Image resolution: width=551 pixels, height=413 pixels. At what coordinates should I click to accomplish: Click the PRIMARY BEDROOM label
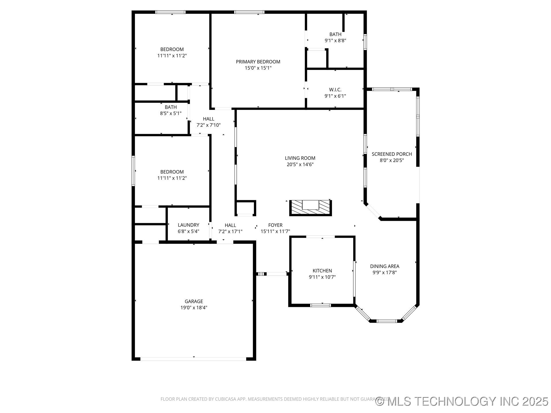coord(258,62)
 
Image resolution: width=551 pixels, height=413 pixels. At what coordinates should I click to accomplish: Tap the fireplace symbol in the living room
coord(311,208)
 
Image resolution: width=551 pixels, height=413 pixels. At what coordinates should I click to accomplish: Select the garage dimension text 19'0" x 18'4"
coord(194,308)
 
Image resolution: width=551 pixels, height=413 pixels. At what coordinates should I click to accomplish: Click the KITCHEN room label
coord(322,271)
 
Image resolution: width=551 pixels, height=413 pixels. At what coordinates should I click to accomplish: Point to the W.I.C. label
coord(335,90)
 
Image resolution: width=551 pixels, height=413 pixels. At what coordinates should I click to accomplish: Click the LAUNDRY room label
coord(188,225)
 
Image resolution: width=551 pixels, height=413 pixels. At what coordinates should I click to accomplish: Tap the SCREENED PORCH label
coord(392,154)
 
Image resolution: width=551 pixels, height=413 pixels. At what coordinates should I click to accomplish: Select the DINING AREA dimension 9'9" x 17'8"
coord(385,272)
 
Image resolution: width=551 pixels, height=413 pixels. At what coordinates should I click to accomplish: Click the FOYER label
coord(275,225)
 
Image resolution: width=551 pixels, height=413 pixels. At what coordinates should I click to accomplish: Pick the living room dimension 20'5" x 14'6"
coord(300,164)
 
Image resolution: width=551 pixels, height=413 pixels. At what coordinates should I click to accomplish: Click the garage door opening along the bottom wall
coord(193,359)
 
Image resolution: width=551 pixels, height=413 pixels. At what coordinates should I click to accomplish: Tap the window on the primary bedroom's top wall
coord(249,12)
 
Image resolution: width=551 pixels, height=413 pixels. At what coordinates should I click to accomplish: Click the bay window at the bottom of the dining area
coord(387,321)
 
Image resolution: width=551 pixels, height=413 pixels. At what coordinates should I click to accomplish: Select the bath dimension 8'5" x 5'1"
coord(171,113)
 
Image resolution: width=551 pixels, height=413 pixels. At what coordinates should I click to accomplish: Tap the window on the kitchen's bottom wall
coord(321,305)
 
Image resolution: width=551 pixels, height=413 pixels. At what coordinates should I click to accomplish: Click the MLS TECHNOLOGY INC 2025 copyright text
coord(462,401)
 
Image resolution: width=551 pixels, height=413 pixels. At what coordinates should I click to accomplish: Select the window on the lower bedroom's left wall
coord(133,171)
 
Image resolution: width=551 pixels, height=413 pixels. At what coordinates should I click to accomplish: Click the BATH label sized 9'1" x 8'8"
coord(335,34)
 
